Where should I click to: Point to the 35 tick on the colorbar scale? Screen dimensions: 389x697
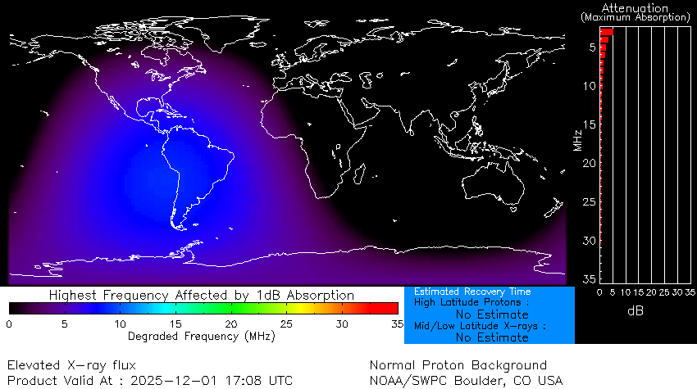point(398,324)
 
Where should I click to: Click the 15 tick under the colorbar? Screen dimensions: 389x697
point(175,324)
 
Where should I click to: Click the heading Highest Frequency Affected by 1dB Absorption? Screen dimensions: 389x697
point(202,295)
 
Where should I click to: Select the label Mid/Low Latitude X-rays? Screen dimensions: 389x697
point(481,326)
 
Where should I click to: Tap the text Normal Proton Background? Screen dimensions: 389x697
point(458,365)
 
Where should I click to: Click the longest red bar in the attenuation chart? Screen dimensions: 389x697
point(607,32)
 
